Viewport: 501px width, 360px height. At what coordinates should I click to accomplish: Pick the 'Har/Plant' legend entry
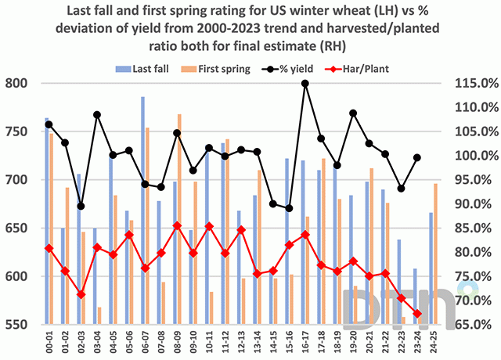point(373,68)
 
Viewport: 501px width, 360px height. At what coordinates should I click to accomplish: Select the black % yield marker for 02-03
point(81,207)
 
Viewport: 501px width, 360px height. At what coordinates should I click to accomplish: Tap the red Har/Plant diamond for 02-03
point(81,294)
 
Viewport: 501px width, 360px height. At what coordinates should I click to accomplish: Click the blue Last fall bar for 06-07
point(142,211)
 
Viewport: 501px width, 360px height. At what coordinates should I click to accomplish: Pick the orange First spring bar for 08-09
point(179,219)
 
